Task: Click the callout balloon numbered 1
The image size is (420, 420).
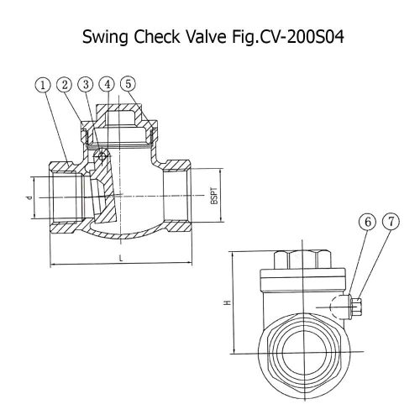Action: (43, 85)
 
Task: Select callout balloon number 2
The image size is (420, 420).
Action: (65, 85)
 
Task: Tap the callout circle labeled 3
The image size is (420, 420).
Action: (86, 85)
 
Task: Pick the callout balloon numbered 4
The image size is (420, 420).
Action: (108, 84)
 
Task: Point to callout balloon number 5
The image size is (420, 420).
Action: (129, 84)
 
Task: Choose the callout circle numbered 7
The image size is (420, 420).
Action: (391, 222)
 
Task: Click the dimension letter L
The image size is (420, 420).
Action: (121, 258)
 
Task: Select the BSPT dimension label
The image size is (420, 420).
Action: (214, 195)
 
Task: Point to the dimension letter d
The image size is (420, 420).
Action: (29, 197)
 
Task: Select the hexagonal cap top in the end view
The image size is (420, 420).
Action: (302, 260)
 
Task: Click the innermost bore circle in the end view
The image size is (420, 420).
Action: (303, 351)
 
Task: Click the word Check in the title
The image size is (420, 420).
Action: (157, 37)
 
